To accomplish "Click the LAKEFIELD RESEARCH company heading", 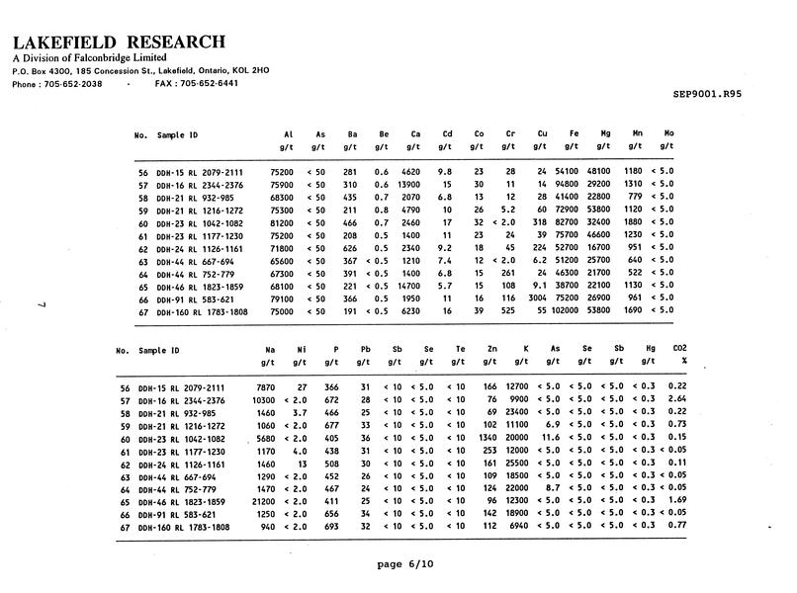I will pos(119,42).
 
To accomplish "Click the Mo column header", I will pos(668,133).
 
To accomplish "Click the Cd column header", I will pos(447,133).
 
